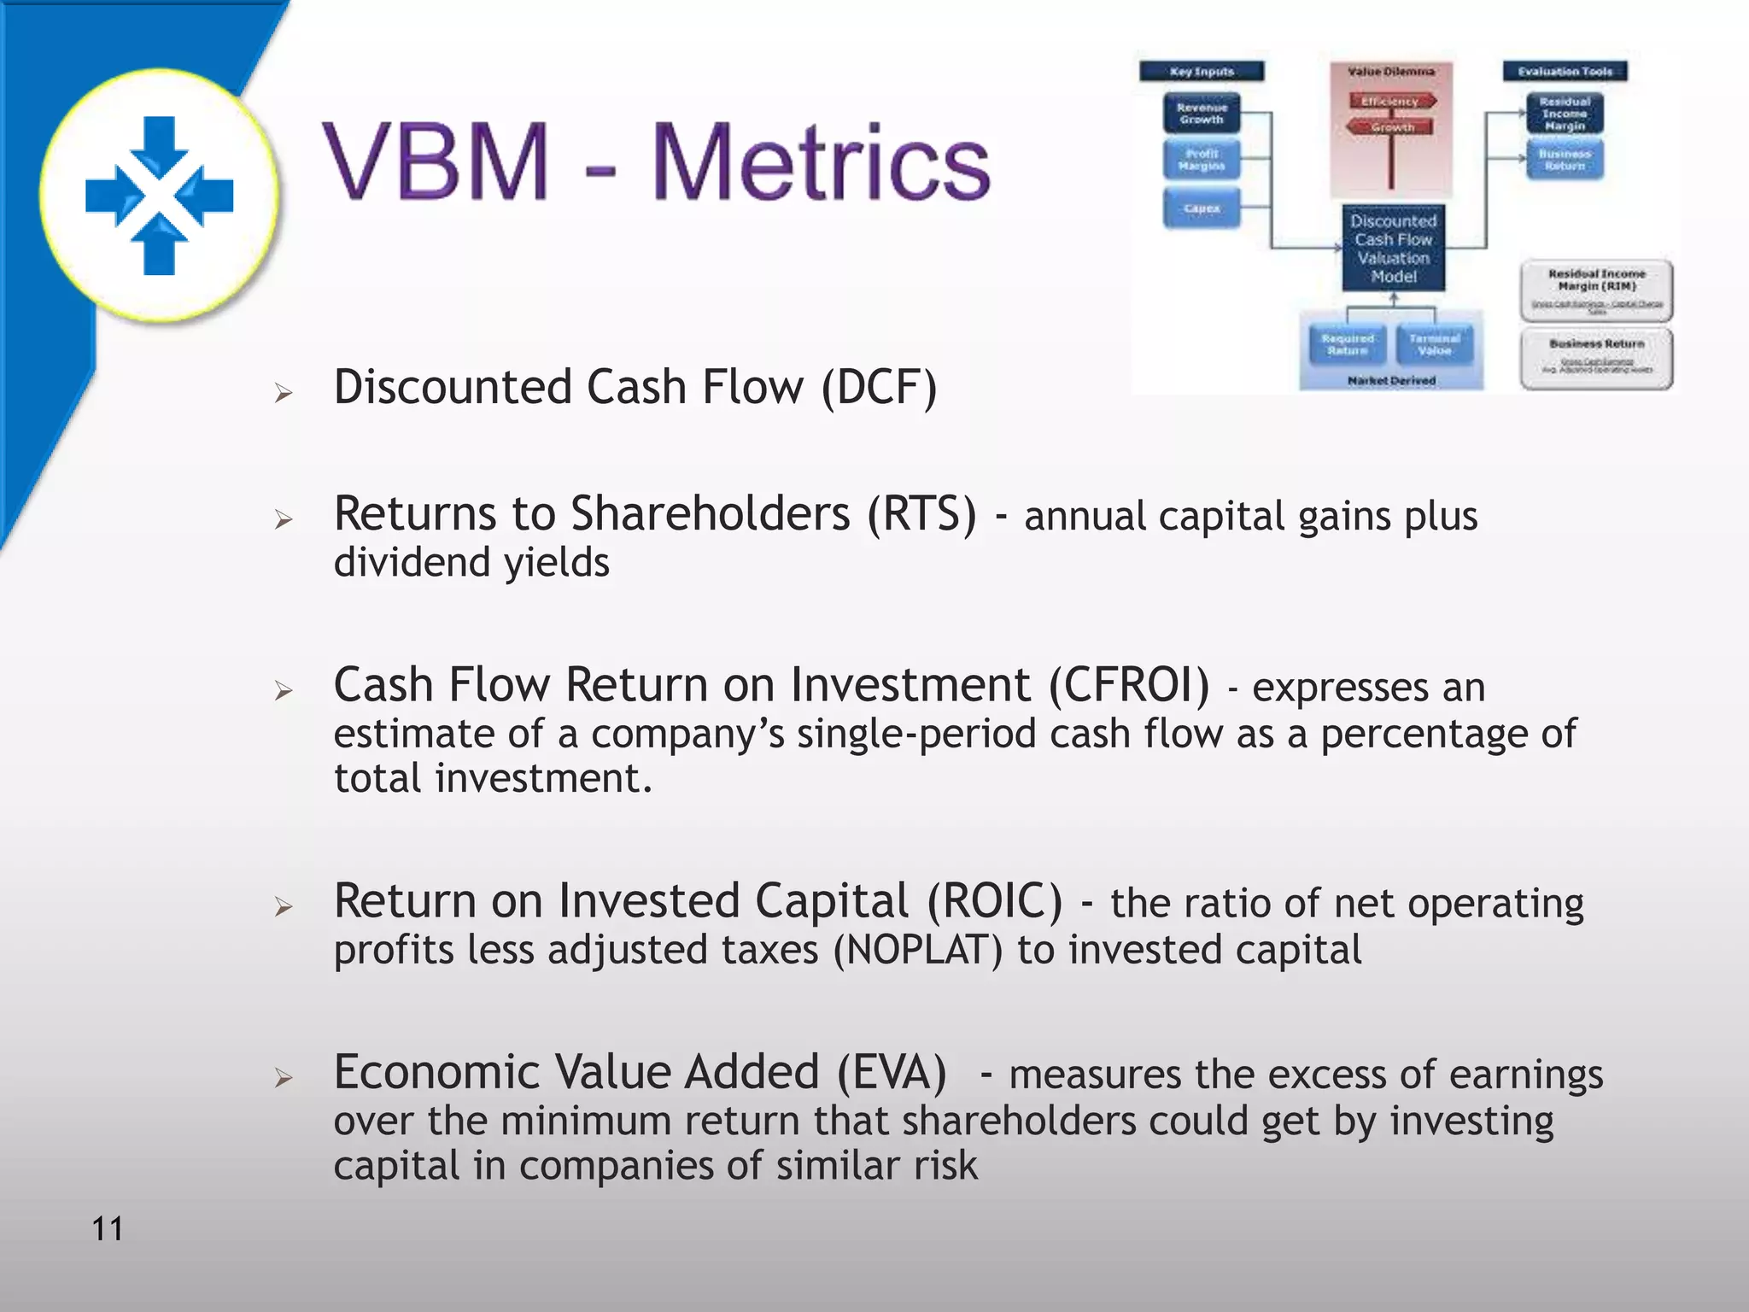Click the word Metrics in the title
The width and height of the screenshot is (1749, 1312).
[820, 162]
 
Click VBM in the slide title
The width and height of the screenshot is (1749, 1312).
[436, 162]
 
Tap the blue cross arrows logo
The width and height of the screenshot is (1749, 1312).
[160, 196]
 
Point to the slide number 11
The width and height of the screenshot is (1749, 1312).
[108, 1229]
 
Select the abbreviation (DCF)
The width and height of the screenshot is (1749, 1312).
[879, 387]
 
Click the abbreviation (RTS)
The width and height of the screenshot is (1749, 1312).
[921, 514]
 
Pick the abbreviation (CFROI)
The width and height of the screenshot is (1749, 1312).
[1129, 685]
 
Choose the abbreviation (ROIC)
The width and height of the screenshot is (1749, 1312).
[995, 901]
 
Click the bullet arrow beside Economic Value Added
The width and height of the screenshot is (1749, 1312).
[284, 1078]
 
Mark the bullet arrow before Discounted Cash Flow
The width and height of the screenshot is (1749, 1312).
[284, 393]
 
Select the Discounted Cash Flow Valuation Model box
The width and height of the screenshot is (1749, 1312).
[1393, 249]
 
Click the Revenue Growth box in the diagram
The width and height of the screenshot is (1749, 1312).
[1202, 114]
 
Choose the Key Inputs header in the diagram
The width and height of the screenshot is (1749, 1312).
[1202, 72]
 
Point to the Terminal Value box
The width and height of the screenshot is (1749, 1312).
[1435, 344]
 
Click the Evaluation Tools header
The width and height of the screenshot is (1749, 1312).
[1565, 72]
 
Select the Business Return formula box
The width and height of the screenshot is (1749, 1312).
[1596, 359]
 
